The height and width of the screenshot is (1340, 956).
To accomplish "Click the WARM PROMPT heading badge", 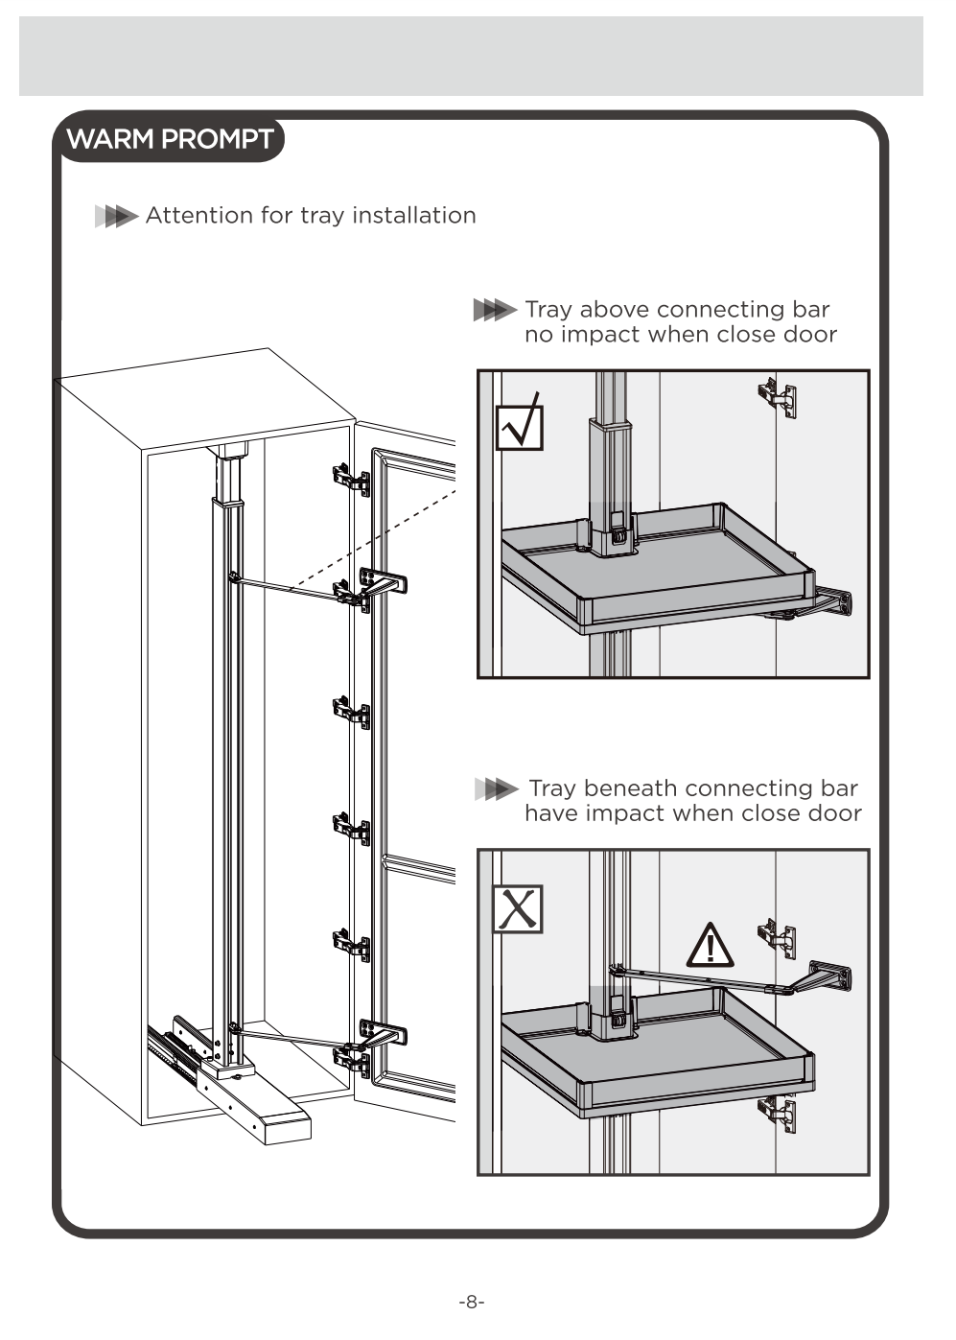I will pos(170,139).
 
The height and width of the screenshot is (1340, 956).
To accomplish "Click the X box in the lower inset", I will pos(518,909).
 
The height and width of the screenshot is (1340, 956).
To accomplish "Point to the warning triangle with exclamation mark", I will pos(711,946).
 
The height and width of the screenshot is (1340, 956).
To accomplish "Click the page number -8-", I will pos(472,1302).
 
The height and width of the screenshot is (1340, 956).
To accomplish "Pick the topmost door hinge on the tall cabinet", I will pos(351,478).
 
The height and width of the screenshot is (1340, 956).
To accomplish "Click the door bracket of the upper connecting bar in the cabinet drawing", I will pos(383,582).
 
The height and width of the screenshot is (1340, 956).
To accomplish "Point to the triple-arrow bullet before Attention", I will pos(116,217).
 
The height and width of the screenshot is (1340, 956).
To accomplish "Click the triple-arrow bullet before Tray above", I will pos(495,310).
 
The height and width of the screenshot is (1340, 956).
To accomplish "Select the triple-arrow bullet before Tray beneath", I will pos(496,789).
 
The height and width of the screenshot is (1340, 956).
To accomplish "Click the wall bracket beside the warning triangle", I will pos(830,978).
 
